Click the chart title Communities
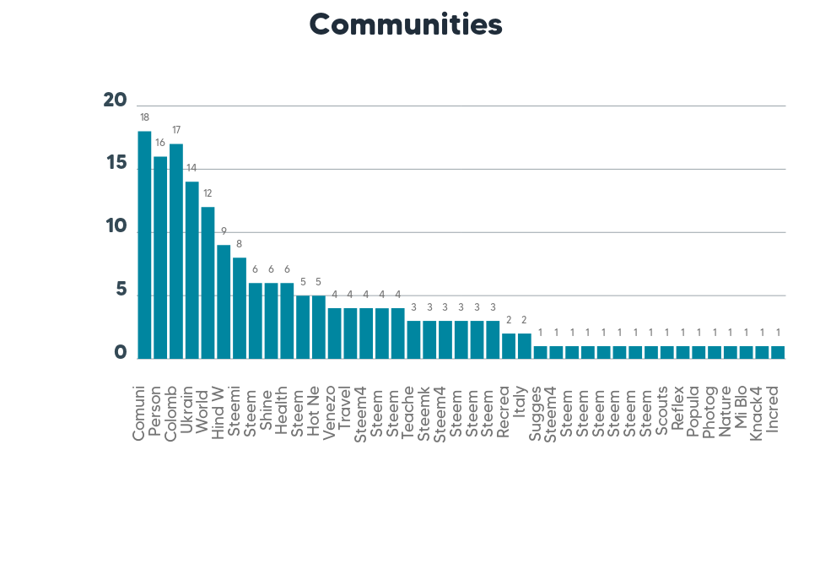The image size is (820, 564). (406, 24)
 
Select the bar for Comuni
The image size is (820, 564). (144, 245)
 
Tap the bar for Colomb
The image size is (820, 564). (176, 251)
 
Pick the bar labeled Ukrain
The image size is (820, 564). (192, 270)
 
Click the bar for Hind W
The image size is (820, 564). (224, 301)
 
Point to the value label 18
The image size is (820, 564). (144, 117)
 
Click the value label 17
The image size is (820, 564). (176, 130)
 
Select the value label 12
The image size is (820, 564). (208, 193)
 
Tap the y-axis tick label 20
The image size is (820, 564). (115, 100)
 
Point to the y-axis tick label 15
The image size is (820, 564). (115, 164)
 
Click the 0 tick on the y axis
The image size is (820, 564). (120, 354)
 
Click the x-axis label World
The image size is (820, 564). (202, 411)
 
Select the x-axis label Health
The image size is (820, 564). (282, 411)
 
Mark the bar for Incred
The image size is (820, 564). (778, 352)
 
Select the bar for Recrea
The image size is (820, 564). (509, 346)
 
